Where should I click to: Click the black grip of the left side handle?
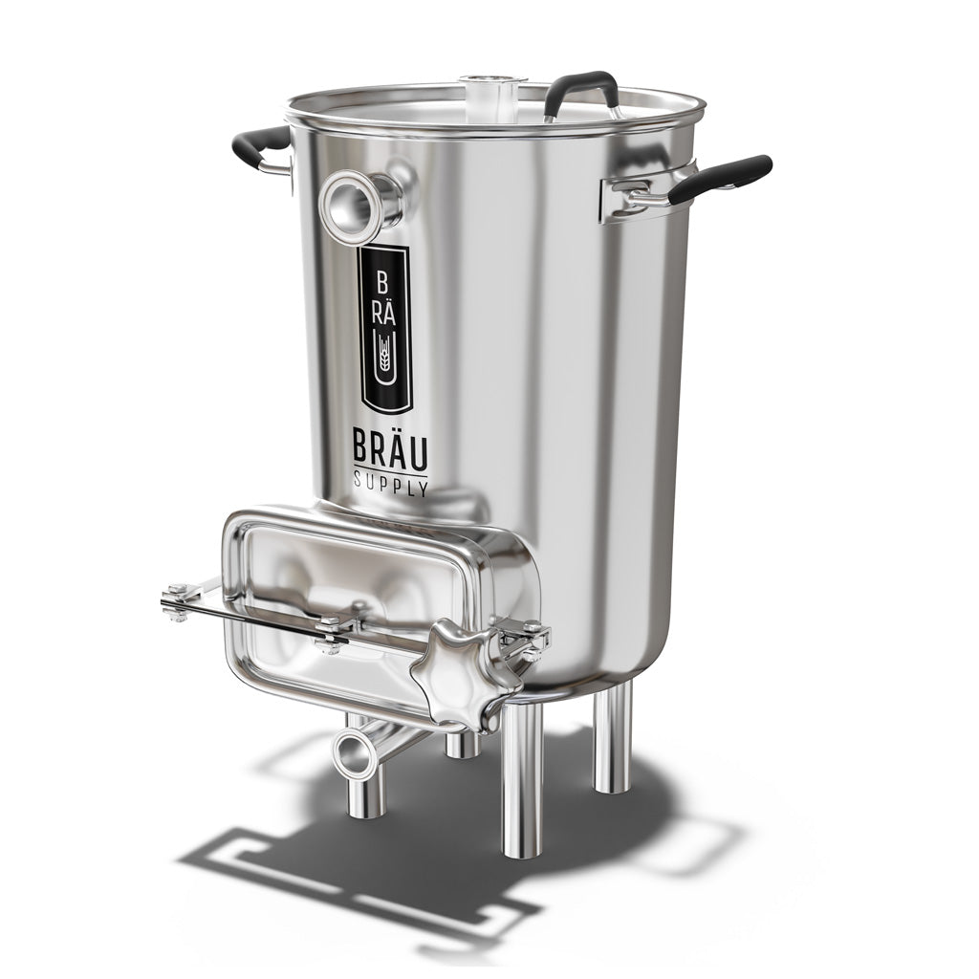(x=256, y=143)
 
